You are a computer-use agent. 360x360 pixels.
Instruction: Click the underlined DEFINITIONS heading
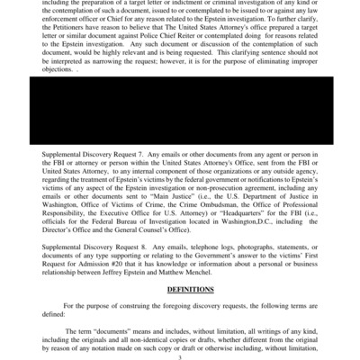point(189,290)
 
